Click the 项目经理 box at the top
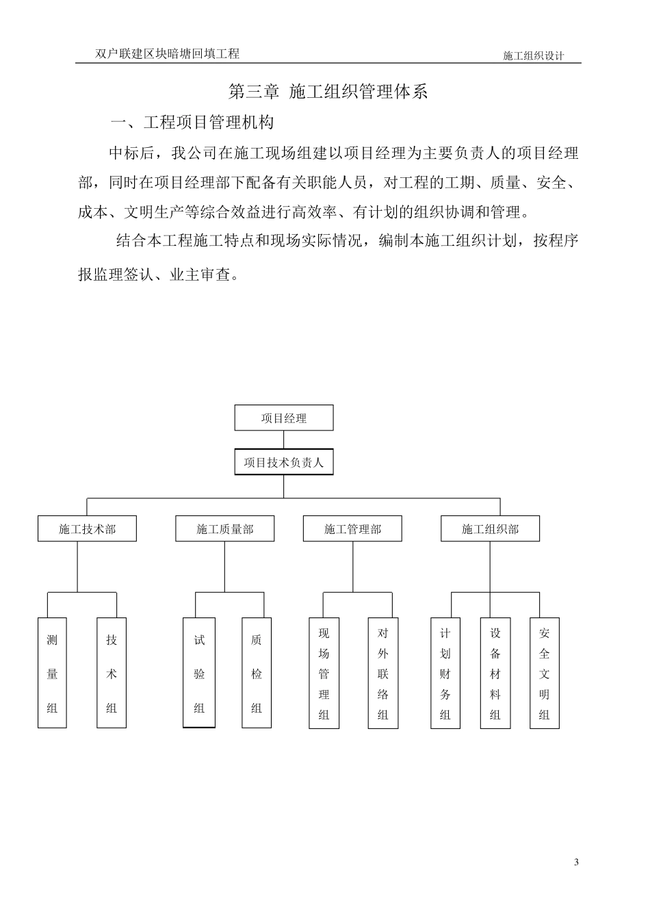pyautogui.click(x=284, y=418)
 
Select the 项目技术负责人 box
pyautogui.click(x=284, y=462)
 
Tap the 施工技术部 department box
pyautogui.click(x=87, y=529)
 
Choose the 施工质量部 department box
pyautogui.click(x=225, y=529)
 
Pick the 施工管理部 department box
pyautogui.click(x=352, y=529)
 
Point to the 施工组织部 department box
pyautogui.click(x=490, y=529)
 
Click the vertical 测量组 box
pyautogui.click(x=52, y=673)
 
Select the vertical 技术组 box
pyautogui.click(x=112, y=673)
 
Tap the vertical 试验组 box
pyautogui.click(x=199, y=673)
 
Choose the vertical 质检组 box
pyautogui.click(x=257, y=673)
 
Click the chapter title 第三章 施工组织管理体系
pyautogui.click(x=328, y=92)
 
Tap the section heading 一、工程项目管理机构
pyautogui.click(x=192, y=123)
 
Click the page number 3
pyautogui.click(x=576, y=862)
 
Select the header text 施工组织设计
pyautogui.click(x=533, y=56)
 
